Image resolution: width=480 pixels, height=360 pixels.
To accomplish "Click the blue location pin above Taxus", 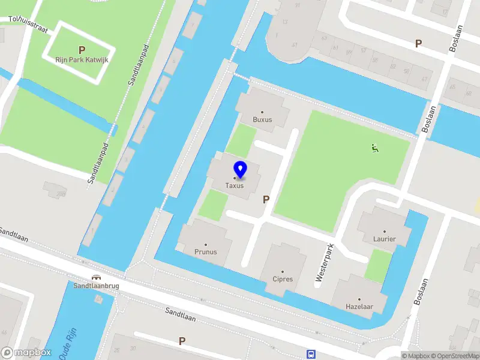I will [240, 170].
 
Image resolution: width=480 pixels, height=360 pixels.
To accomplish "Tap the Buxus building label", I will [262, 119].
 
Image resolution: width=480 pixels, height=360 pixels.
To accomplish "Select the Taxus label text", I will [235, 185].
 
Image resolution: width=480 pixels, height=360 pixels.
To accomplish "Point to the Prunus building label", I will [206, 252].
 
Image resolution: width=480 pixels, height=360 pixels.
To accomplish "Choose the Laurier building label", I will [385, 239].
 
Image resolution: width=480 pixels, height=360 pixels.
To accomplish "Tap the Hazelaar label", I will [359, 307].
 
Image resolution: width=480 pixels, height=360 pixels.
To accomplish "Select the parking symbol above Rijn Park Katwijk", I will [82, 50].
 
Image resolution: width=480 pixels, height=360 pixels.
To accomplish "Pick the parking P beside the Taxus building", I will [266, 200].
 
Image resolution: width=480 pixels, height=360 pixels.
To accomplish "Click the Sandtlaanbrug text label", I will [96, 286].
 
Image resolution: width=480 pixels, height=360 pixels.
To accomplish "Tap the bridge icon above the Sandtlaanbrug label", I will [96, 277].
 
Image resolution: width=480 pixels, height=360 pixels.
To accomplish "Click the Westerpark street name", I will [324, 263].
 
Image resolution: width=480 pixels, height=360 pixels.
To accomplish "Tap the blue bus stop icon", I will [311, 354].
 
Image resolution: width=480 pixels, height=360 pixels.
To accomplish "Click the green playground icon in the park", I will [375, 148].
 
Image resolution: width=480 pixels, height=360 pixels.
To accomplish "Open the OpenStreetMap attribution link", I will [453, 356].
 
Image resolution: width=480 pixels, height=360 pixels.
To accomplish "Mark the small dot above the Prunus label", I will [206, 244].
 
